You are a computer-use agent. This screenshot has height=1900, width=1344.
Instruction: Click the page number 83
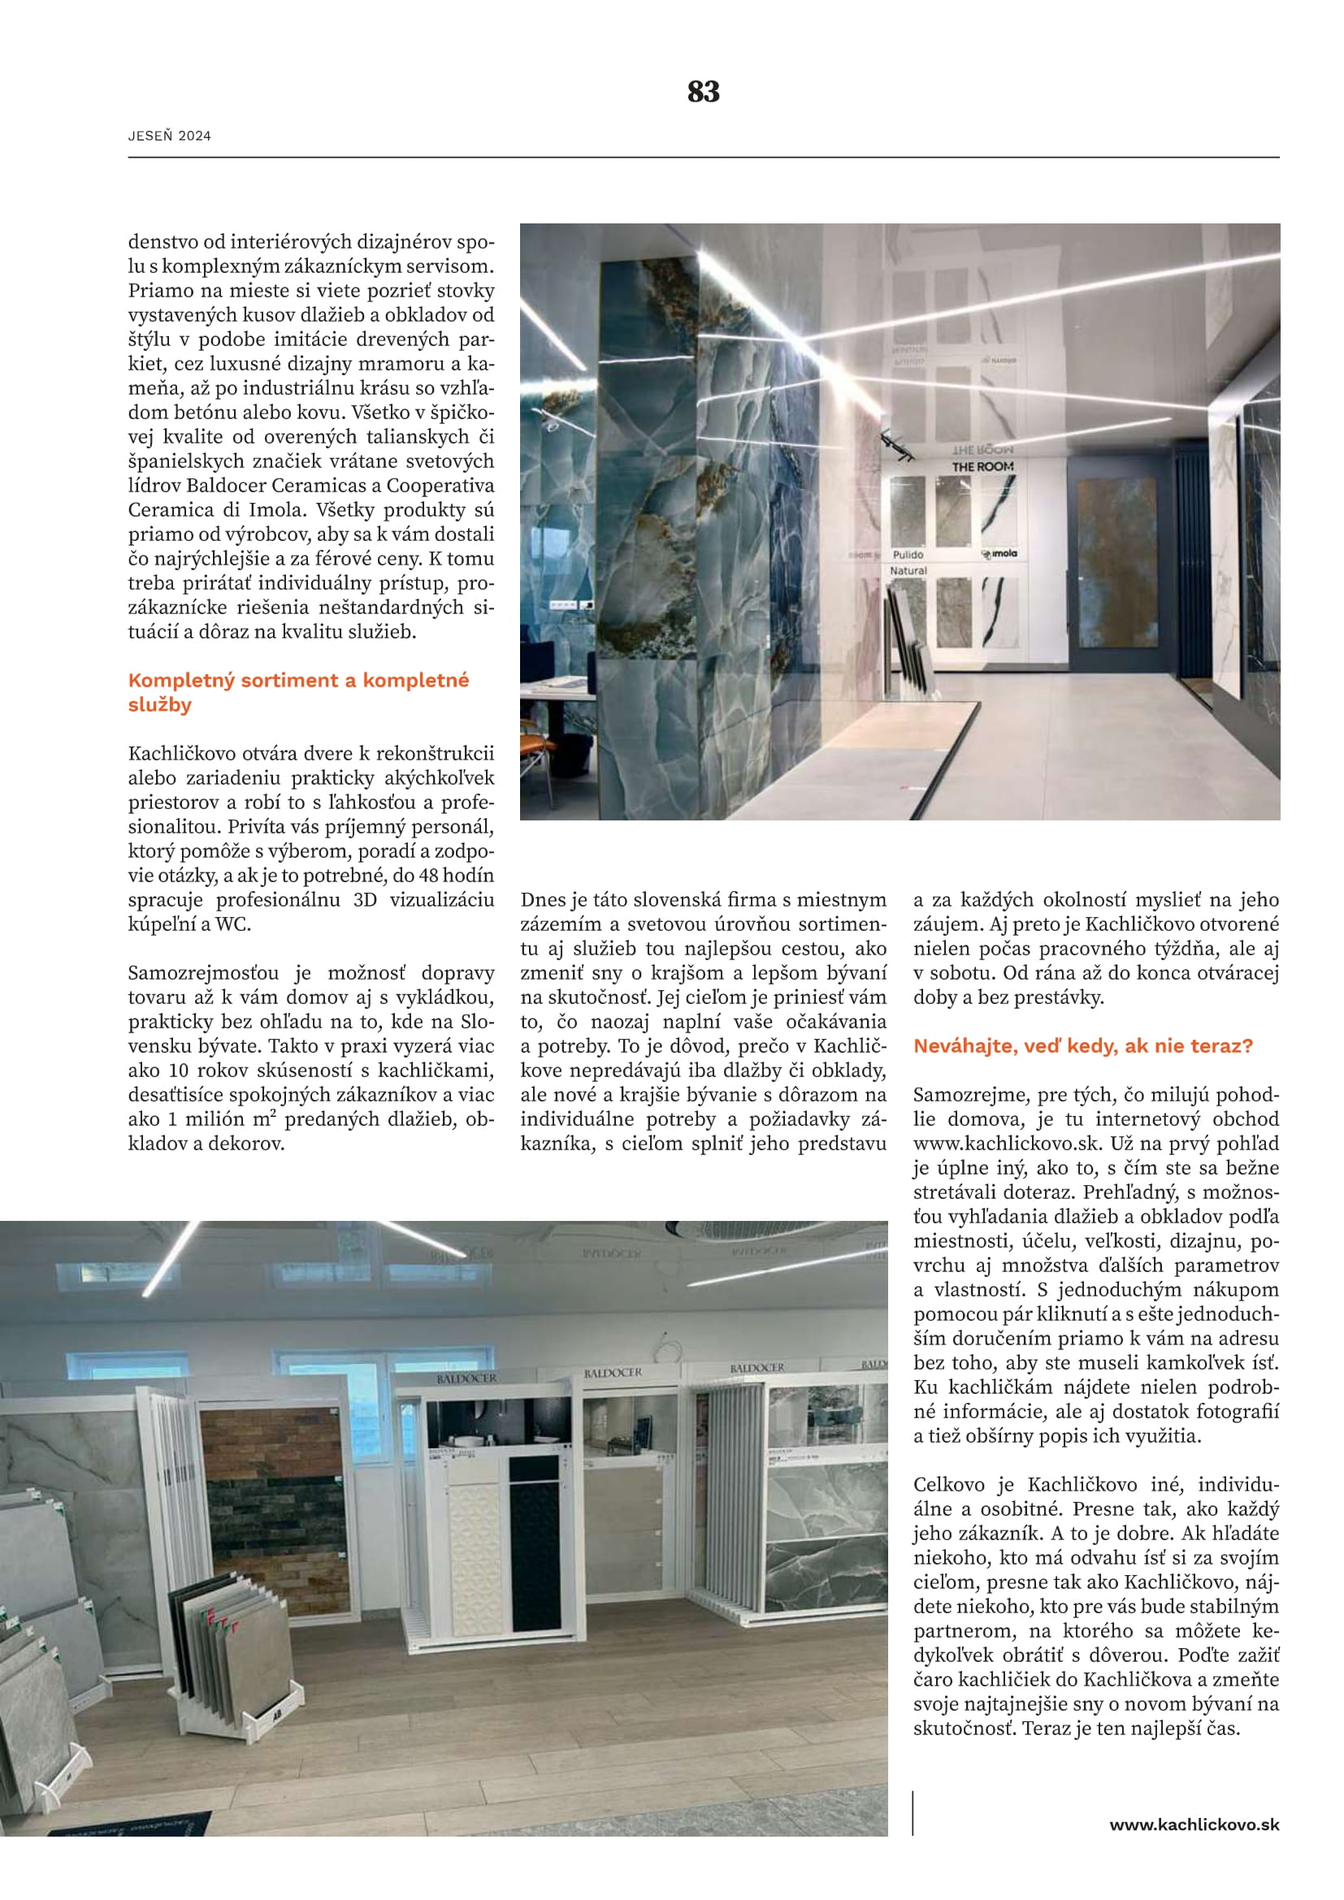click(703, 91)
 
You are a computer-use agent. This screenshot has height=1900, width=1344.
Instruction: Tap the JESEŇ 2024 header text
click(169, 136)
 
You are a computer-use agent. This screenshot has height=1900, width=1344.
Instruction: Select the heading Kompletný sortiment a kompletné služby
click(298, 692)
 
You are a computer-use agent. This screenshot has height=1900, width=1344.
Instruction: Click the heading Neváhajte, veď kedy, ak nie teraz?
click(1082, 1046)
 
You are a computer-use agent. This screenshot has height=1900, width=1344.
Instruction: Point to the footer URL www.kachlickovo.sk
click(1194, 1824)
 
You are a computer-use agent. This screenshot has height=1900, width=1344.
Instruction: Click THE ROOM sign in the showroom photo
click(982, 467)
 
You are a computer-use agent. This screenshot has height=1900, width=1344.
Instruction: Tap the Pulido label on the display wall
click(908, 555)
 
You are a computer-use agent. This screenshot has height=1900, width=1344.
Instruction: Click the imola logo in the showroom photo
click(999, 554)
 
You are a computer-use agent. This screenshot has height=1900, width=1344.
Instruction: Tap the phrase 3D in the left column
click(365, 899)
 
